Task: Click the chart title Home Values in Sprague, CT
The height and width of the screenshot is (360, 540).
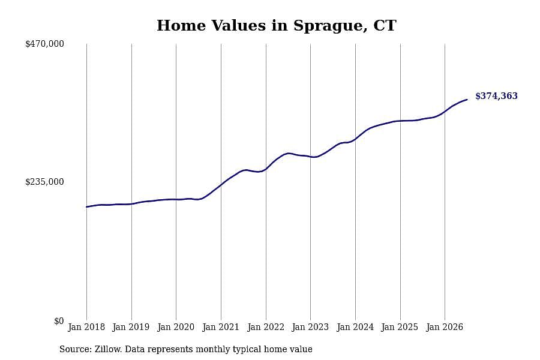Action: [276, 26]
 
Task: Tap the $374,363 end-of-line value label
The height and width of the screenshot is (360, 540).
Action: [496, 96]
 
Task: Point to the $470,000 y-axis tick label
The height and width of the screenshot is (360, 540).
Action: [44, 44]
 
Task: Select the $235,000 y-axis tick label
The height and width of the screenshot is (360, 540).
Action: [44, 182]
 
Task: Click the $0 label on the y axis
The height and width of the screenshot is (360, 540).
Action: [59, 321]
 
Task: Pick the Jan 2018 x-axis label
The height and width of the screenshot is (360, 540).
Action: [86, 327]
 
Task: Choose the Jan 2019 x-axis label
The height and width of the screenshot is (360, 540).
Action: [131, 327]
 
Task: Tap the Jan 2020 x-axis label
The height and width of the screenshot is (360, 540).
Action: [176, 327]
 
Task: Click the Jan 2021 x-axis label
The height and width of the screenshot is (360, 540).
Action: [221, 327]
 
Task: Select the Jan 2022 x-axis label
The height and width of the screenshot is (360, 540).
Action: [266, 327]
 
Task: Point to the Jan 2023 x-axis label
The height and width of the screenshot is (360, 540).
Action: [310, 327]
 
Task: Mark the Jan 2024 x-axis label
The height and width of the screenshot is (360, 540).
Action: [355, 327]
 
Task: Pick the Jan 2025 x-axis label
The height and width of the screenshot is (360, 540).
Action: [400, 327]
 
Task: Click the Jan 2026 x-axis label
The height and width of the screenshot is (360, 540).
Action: [445, 327]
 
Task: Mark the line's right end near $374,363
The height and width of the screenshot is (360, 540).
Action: [467, 100]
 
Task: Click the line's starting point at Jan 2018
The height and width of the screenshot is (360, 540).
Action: [87, 206]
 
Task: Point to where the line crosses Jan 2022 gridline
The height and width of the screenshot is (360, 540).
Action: [266, 169]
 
